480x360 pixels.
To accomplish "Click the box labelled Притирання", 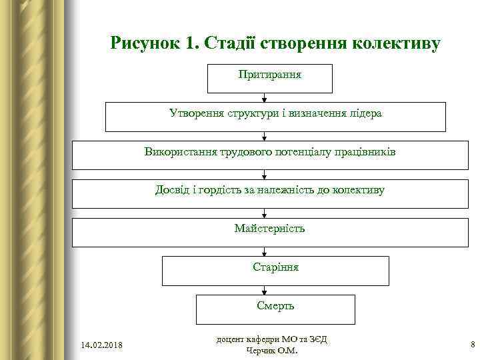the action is pos(270,79).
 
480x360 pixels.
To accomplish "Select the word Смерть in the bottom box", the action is pos(275,306).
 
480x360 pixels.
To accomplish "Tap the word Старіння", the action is pos(275,267).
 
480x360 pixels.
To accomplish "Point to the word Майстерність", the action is pos(269,229).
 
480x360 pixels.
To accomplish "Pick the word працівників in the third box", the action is pos(365,152).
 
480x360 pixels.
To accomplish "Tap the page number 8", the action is pos(472,345).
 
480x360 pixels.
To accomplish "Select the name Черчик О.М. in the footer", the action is pos(272,351).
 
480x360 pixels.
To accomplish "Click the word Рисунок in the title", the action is pos(145,44).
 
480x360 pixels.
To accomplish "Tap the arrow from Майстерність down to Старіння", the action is pos(265,252).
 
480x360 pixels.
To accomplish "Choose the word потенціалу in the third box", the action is pos(308,152).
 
